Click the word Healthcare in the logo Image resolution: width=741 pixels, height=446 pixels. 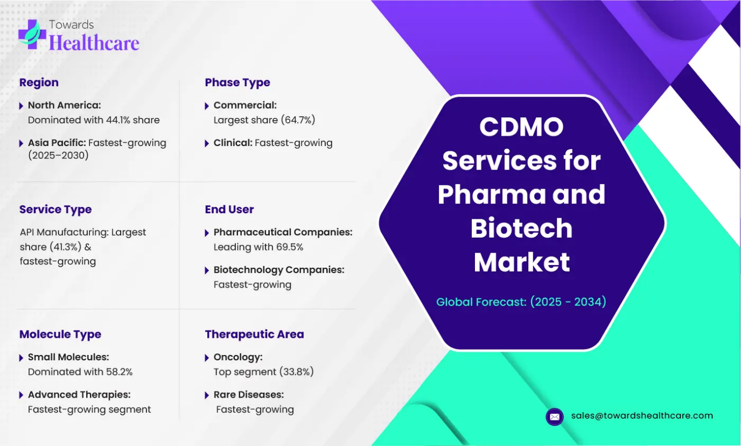94,43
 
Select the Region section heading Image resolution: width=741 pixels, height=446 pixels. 39,82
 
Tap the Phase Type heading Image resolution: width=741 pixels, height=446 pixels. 237,82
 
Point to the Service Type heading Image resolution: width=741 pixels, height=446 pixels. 55,210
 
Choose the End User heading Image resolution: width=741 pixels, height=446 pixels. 229,210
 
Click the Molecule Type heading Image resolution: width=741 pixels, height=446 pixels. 60,334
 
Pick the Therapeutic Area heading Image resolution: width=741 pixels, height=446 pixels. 254,334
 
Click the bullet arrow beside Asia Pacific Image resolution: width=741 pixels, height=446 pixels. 22,144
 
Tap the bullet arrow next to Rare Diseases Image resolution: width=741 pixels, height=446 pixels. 207,395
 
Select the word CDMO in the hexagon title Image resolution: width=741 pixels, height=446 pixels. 521,127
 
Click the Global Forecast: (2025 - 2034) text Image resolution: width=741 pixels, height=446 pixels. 521,302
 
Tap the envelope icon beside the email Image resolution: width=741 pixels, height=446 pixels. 554,416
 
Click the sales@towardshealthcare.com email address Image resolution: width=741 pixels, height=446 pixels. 642,416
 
